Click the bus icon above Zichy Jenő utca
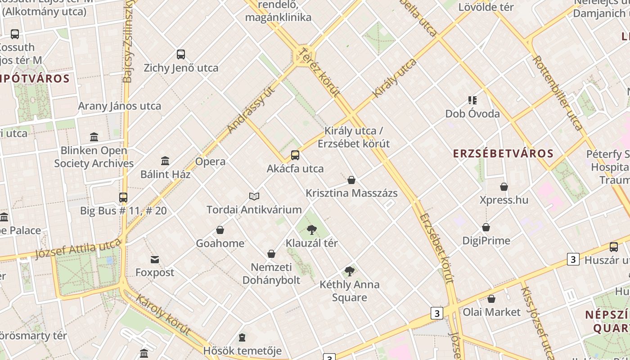tap(181, 54)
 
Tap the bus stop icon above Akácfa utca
tap(295, 155)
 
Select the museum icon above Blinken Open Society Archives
tap(94, 137)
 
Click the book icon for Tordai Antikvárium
tap(254, 196)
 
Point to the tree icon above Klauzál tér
tap(311, 230)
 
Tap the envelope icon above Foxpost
tap(155, 260)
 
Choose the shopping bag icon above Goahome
tap(220, 230)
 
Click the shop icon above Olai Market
tap(491, 299)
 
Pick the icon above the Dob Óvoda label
tap(472, 100)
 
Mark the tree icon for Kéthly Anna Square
tap(350, 271)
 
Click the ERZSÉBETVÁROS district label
tap(503, 153)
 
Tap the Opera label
tap(210, 162)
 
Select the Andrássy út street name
tap(251, 110)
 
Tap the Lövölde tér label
tap(486, 7)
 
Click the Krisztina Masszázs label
tap(351, 193)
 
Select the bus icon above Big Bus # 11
tap(123, 198)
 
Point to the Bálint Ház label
tap(165, 175)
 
